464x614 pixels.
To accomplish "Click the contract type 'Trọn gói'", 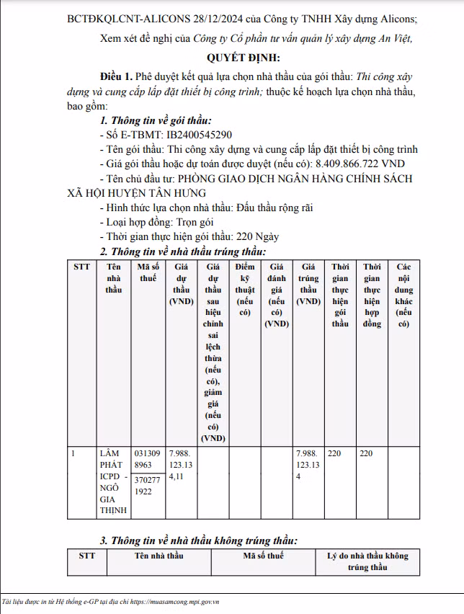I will coord(189,222).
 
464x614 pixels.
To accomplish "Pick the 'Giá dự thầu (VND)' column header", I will coord(181,284).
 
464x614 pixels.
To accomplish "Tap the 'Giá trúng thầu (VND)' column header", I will coord(308,284).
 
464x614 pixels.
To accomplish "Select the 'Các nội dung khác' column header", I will coord(403,295).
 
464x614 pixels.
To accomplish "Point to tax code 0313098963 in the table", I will coord(148,459).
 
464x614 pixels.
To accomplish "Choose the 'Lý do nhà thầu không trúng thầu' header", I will coord(367,561).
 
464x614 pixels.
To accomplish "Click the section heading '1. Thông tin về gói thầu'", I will coord(156,121).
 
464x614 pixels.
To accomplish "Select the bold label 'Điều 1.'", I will coord(117,75).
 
